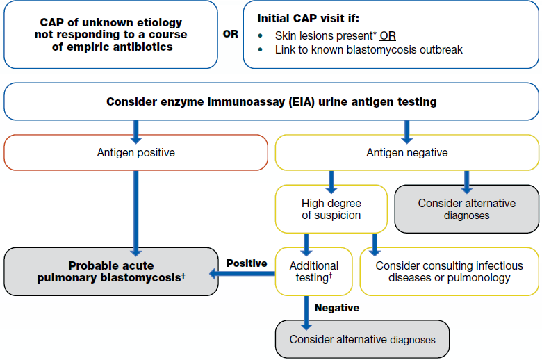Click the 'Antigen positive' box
135,152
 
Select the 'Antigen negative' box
406,152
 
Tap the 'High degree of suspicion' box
331,208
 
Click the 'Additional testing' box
313,271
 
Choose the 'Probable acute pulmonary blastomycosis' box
111,272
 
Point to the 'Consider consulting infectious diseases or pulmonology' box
449,272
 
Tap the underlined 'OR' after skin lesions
388,35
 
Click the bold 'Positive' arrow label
246,263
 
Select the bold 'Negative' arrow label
337,307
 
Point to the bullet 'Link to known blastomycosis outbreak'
368,50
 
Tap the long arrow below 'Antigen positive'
135,208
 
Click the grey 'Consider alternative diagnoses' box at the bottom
362,339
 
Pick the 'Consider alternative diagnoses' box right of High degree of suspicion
466,208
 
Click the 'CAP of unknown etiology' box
111,34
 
